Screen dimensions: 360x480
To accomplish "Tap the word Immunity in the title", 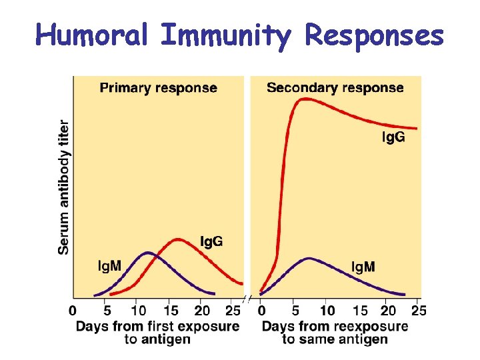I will (225, 36).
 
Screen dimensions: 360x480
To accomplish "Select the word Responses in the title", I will (374, 36).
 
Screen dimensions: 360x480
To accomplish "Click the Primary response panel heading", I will (158, 88).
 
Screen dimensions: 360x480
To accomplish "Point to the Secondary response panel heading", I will (335, 88).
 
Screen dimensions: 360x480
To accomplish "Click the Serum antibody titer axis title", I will (64, 187).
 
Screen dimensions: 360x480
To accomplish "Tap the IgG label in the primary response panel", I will (211, 241).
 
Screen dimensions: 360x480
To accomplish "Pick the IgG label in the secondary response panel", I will (393, 137).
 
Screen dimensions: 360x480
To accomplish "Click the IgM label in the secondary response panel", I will (363, 267).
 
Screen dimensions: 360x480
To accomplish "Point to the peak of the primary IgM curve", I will (148, 253).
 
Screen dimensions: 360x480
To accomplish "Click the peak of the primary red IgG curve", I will (178, 239).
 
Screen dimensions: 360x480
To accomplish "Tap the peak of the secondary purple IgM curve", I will (308, 258).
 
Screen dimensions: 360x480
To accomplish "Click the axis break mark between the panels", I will (246, 299).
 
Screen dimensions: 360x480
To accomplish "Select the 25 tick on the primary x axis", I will (233, 311).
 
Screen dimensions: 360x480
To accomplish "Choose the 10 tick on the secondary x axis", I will (327, 311).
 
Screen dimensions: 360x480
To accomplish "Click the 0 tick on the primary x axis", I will (73, 311).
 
